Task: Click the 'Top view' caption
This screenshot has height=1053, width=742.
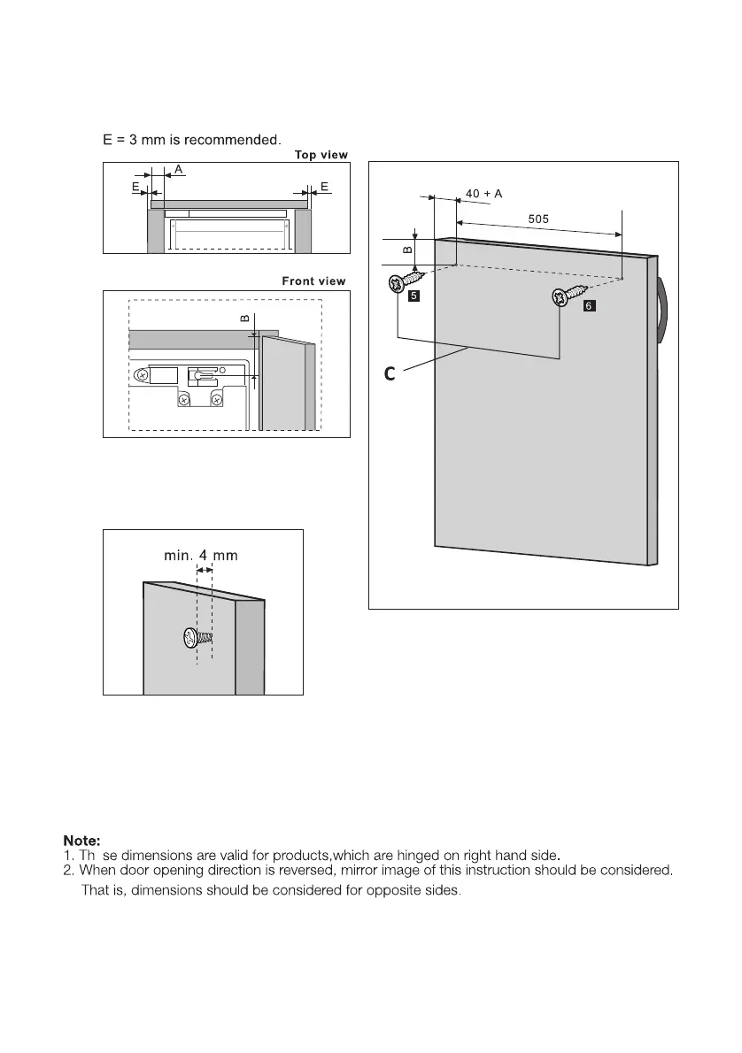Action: click(321, 155)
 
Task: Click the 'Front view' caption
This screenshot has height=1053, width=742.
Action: click(313, 281)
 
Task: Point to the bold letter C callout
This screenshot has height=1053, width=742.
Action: click(389, 375)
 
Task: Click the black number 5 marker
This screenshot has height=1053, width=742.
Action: click(414, 298)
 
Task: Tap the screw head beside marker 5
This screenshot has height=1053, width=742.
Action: click(395, 284)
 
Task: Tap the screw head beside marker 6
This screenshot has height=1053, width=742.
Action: click(560, 297)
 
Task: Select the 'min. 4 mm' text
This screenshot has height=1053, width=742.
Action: click(201, 556)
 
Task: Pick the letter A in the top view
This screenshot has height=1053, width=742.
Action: click(179, 168)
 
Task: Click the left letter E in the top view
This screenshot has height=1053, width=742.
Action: click(135, 188)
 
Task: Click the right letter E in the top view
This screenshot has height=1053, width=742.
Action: click(326, 187)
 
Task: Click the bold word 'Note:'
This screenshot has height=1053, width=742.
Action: click(81, 839)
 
